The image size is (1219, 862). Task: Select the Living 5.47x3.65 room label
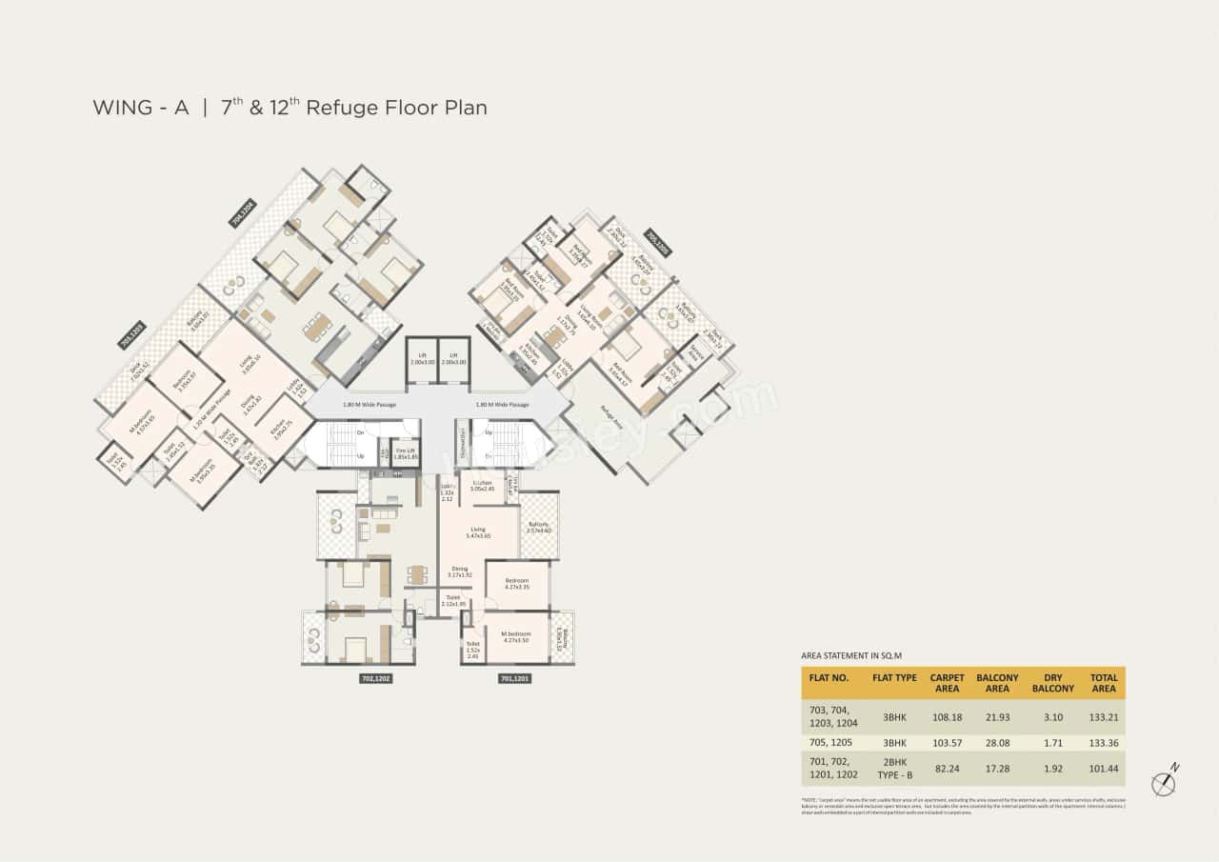coord(478,532)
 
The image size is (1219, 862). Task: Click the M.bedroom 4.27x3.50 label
coord(517,637)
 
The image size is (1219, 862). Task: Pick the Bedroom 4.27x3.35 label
coord(517,583)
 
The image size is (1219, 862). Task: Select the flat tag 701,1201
coord(514,679)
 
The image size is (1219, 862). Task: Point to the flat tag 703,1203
coord(132,335)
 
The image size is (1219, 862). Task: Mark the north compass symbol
coord(1164,782)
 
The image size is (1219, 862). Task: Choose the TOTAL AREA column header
coord(1103,683)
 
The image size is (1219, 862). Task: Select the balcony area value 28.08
coord(997,742)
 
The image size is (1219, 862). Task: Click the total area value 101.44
coord(1103,767)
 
